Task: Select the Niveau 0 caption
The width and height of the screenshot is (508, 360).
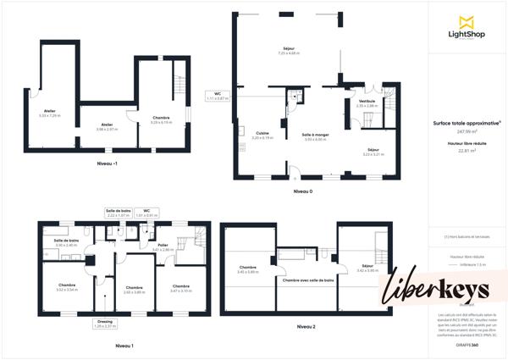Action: tap(303, 191)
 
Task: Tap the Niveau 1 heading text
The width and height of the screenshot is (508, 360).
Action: tap(124, 346)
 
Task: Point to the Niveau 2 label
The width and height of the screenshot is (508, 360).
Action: tap(306, 326)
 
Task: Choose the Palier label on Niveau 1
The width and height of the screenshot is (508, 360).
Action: tap(163, 247)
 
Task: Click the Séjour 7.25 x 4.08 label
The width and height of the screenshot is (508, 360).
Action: tap(290, 51)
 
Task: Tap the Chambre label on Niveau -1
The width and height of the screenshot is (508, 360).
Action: tap(161, 119)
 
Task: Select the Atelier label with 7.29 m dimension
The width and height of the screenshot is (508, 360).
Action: tap(50, 113)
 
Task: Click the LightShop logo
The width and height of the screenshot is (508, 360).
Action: tap(465, 26)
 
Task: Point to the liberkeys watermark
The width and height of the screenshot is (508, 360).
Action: tap(439, 288)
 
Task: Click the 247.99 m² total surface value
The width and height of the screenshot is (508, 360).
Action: tap(467, 132)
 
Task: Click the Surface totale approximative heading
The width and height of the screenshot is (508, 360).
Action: tap(467, 123)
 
